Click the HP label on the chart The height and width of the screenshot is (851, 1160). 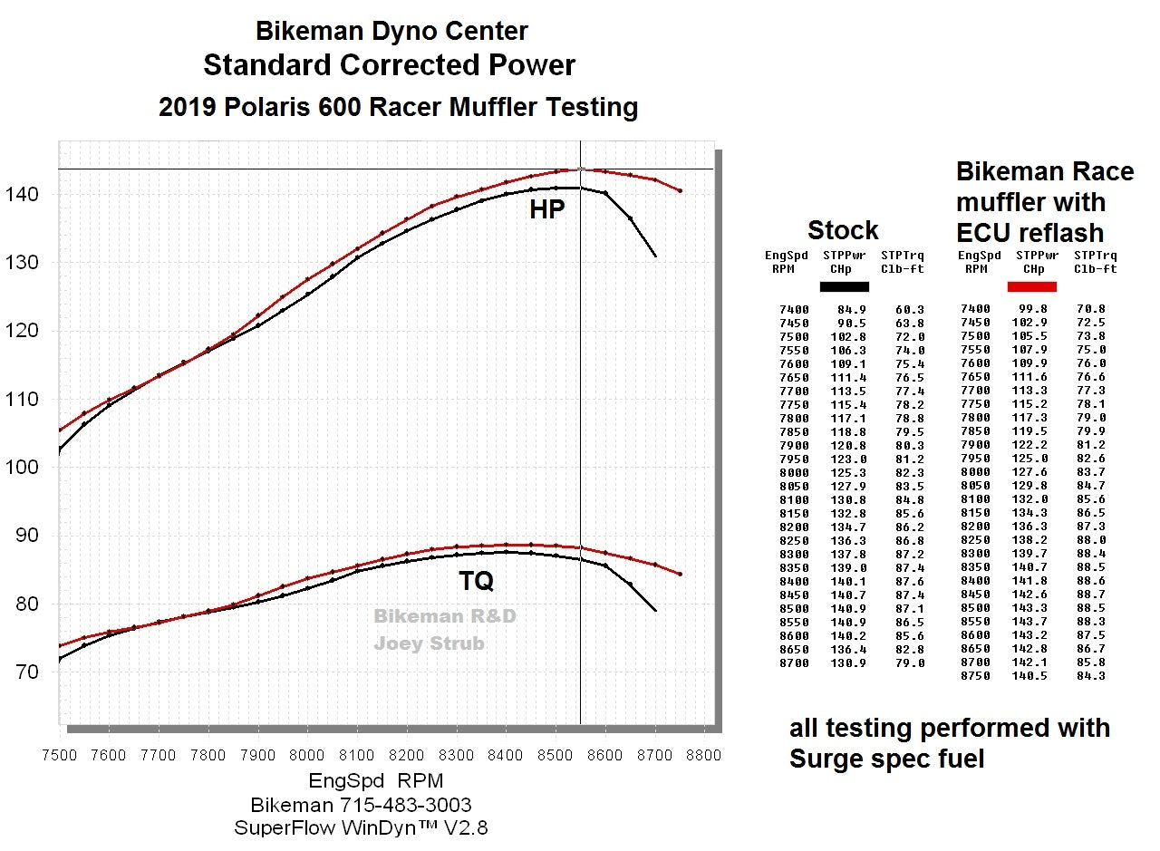coord(547,210)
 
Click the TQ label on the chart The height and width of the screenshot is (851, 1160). coord(476,582)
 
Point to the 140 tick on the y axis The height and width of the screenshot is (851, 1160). coord(34,194)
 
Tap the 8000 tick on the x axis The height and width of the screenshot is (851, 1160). coord(307,754)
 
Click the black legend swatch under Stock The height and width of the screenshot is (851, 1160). coord(844,286)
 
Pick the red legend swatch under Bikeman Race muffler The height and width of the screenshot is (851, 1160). coord(1031,286)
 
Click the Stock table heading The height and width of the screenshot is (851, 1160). coord(843,229)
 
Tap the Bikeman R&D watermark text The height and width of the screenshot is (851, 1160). coord(445,616)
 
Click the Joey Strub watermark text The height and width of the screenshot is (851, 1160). coord(429,643)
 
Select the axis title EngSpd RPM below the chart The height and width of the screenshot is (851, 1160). coord(376,780)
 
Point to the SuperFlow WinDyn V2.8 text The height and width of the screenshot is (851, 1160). coord(361,827)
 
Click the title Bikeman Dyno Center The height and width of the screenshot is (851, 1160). coord(391,31)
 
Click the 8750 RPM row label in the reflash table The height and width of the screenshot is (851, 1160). coord(975,676)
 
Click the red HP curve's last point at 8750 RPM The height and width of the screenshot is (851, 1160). coord(680,191)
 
